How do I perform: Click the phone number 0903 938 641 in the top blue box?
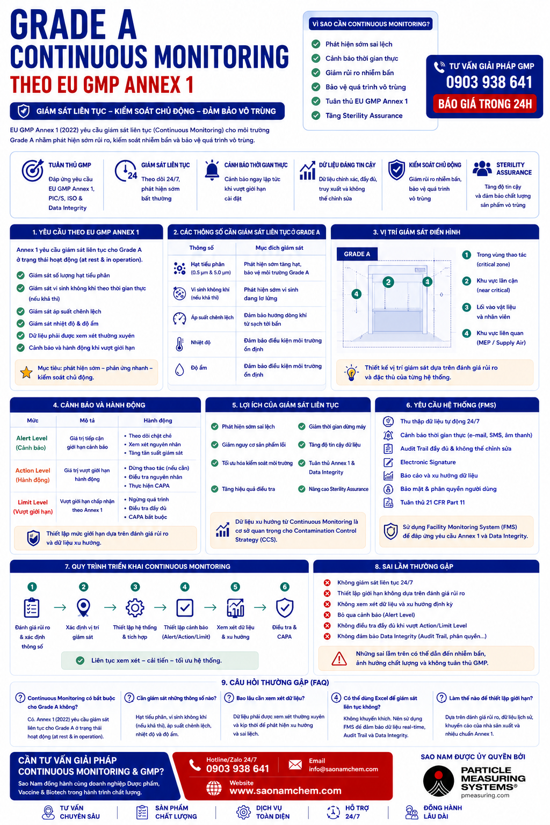click(x=489, y=82)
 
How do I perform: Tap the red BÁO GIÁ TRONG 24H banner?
click(x=485, y=104)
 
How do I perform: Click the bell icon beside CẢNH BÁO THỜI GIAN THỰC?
click(x=212, y=170)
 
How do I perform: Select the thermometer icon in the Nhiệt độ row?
click(x=179, y=344)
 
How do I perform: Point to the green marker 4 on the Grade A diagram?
click(x=356, y=294)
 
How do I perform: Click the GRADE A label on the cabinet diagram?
click(x=357, y=254)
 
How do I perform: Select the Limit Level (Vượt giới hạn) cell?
click(x=33, y=507)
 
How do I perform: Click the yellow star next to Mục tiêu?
click(x=26, y=372)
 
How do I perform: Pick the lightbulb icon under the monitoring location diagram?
click(x=351, y=372)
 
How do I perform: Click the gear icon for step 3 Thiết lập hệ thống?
click(x=135, y=607)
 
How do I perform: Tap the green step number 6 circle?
click(x=284, y=587)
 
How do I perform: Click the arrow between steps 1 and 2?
click(x=60, y=607)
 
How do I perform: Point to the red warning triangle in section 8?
click(x=339, y=658)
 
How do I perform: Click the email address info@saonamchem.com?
click(x=343, y=769)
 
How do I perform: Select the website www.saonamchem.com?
click(x=286, y=791)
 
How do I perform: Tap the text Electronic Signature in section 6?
click(x=428, y=462)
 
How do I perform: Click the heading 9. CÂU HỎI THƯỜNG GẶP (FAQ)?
click(x=275, y=683)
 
